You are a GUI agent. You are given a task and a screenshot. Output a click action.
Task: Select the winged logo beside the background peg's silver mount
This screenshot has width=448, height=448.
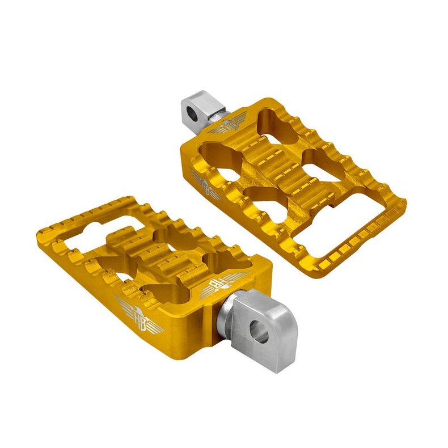[x=233, y=126]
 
